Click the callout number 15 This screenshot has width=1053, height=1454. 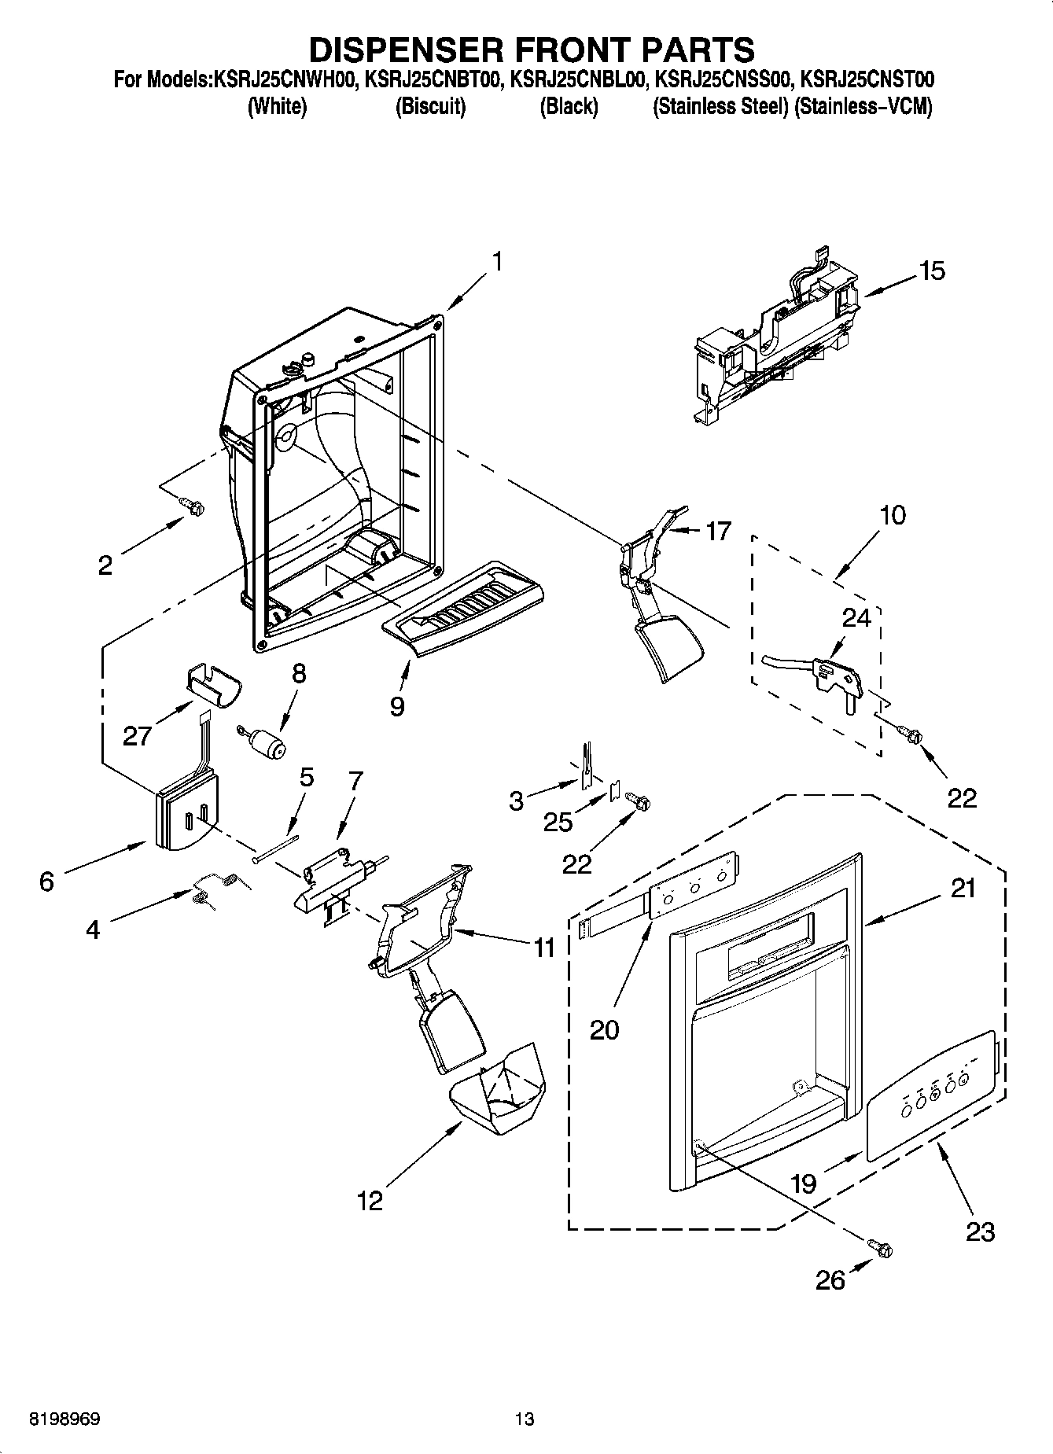[x=932, y=271]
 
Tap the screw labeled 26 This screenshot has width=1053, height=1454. [x=881, y=1247]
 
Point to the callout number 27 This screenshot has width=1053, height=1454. [x=137, y=736]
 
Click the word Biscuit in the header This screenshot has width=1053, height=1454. [x=430, y=107]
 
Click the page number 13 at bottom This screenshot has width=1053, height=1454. [x=525, y=1419]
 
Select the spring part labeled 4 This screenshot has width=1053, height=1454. [x=214, y=889]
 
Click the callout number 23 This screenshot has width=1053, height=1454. [x=980, y=1231]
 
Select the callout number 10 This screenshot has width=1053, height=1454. [x=892, y=516]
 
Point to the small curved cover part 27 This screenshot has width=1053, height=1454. [x=213, y=687]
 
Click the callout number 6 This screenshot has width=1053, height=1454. [x=47, y=882]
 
